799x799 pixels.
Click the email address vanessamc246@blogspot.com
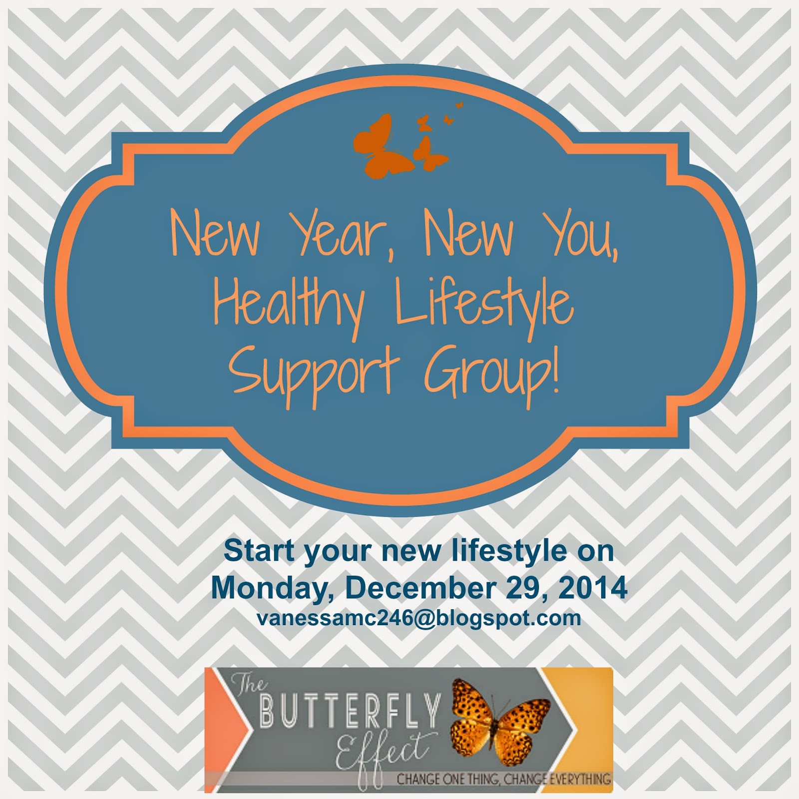tap(419, 619)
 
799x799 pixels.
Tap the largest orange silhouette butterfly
tap(382, 145)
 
